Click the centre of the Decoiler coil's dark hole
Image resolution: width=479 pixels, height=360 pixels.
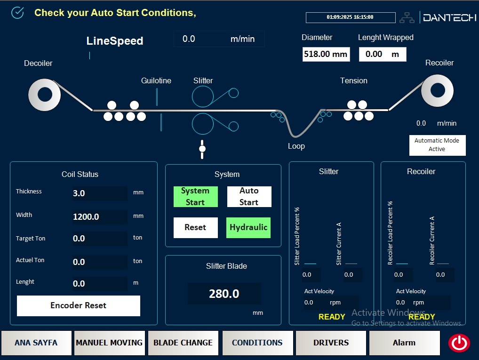click(45, 95)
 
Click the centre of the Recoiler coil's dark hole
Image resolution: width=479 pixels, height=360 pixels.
click(438, 90)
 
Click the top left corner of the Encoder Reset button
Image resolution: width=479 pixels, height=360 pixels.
click(17, 296)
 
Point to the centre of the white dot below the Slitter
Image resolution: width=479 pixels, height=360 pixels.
click(202, 149)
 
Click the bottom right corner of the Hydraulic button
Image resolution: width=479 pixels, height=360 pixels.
click(271, 238)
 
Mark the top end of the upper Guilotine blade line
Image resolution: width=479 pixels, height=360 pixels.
click(157, 88)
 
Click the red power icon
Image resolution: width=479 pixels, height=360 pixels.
click(459, 343)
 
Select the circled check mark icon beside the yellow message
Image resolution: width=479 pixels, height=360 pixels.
click(17, 13)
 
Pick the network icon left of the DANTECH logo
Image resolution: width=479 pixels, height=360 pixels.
click(407, 18)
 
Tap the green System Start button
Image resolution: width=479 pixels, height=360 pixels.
click(196, 197)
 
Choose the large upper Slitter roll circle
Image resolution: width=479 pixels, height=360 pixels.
click(202, 96)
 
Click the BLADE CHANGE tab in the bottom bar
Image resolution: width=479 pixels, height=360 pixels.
click(183, 343)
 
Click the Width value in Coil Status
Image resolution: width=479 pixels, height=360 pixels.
click(86, 217)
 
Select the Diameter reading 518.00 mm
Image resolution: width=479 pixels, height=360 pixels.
click(326, 54)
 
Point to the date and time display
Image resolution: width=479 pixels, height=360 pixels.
click(351, 17)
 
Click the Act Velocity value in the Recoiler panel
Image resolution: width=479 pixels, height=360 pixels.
click(400, 302)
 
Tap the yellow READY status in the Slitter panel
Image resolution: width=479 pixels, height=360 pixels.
click(332, 317)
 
